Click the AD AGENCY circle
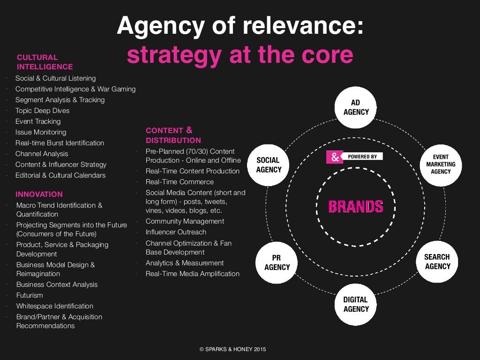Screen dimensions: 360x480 [356, 108]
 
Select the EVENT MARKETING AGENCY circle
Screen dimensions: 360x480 [441, 165]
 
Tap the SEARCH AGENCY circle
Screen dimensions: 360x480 [437, 262]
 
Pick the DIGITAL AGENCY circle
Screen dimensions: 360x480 [356, 304]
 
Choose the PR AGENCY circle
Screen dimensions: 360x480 [277, 262]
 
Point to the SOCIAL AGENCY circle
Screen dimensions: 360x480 [269, 165]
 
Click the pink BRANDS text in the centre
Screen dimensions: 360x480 [356, 206]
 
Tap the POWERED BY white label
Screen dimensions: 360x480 [362, 157]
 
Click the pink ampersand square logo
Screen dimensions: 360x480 [335, 157]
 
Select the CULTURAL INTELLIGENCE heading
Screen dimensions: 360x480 [45, 62]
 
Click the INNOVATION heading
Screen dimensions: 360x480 [39, 194]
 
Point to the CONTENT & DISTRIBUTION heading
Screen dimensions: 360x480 [173, 135]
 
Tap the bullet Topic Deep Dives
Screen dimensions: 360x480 [42, 111]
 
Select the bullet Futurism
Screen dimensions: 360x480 [30, 295]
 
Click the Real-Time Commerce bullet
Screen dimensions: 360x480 [180, 182]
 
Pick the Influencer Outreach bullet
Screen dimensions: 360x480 [176, 232]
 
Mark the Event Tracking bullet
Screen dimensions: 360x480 [38, 121]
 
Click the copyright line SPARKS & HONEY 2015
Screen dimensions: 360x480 [233, 349]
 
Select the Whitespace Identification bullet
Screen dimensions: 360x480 [55, 306]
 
